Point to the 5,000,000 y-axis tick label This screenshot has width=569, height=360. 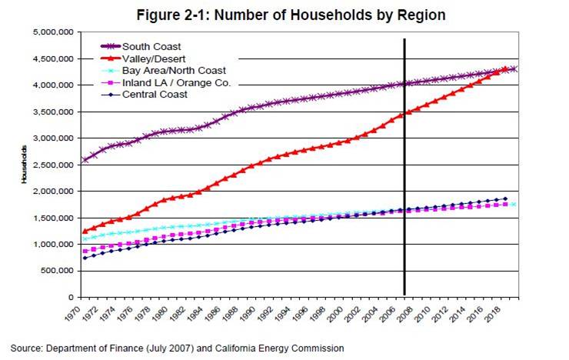[52, 32]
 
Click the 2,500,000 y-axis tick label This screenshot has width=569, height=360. [52, 165]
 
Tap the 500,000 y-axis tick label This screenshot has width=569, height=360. [55, 271]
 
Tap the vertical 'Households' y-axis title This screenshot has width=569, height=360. [25, 165]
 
